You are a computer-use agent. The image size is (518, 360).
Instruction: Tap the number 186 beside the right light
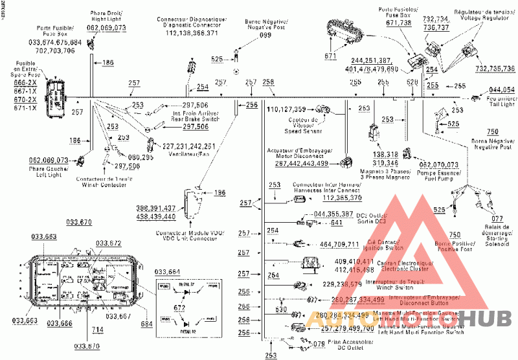tap(107, 62)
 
